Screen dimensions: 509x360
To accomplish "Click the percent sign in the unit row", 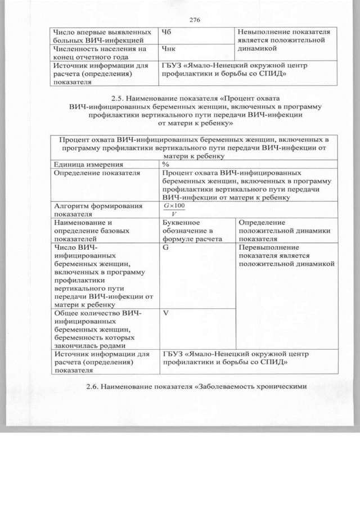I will (166, 164).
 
